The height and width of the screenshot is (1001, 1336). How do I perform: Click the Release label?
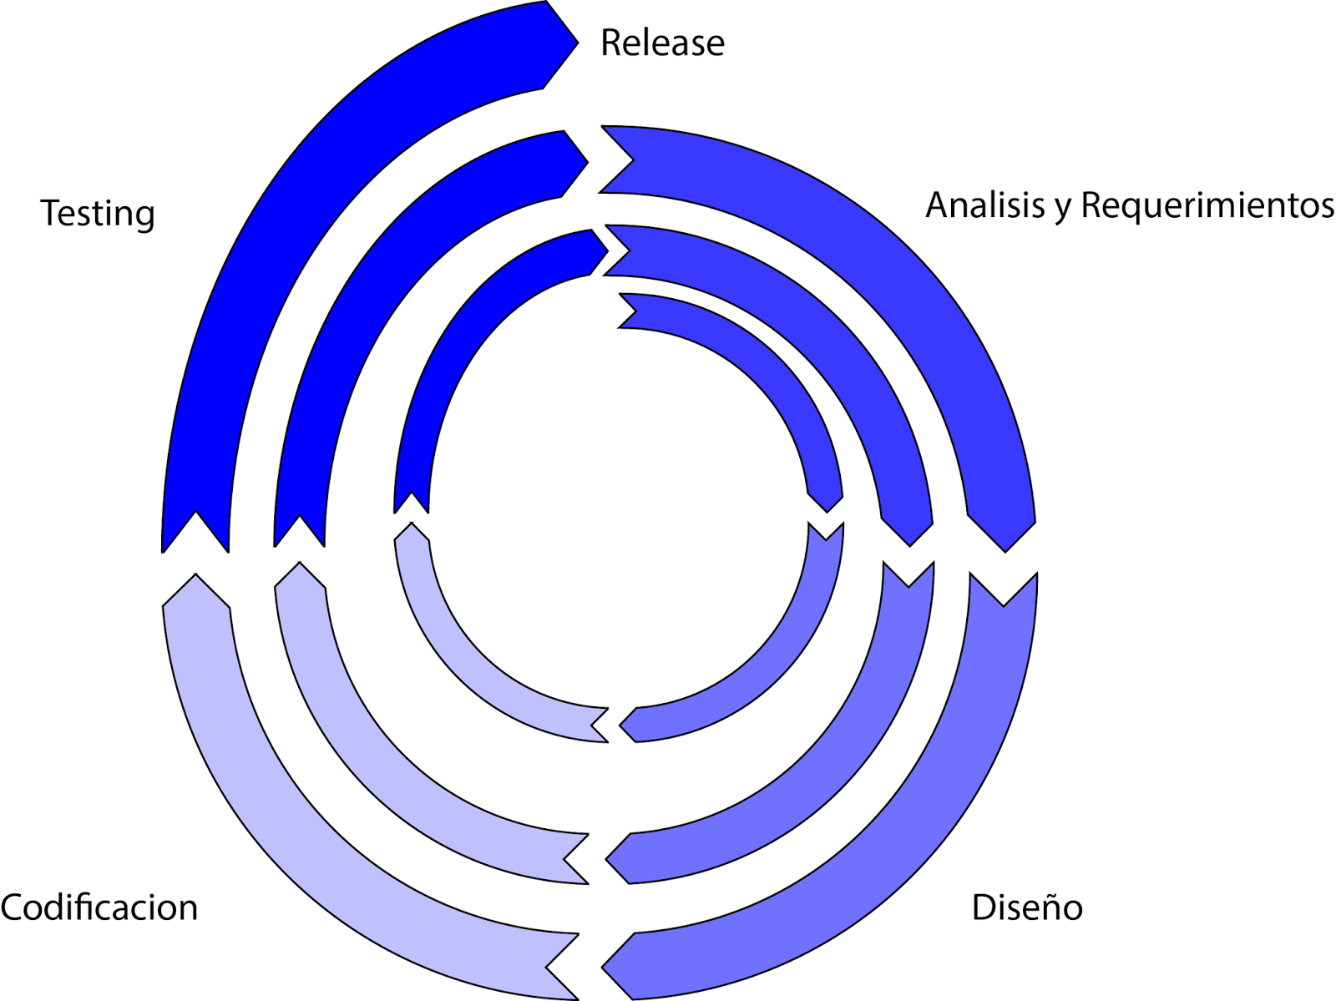(x=662, y=43)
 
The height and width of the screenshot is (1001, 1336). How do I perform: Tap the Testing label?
(x=98, y=214)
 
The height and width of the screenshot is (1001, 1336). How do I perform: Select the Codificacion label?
(x=99, y=907)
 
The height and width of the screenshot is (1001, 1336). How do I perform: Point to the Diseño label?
(x=1026, y=907)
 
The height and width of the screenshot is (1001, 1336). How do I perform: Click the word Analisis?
(x=985, y=205)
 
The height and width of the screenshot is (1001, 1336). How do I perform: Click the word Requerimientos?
(x=1207, y=205)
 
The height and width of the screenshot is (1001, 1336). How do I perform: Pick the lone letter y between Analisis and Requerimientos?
(x=1062, y=209)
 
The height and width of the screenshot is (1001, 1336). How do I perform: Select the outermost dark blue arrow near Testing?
(x=276, y=250)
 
